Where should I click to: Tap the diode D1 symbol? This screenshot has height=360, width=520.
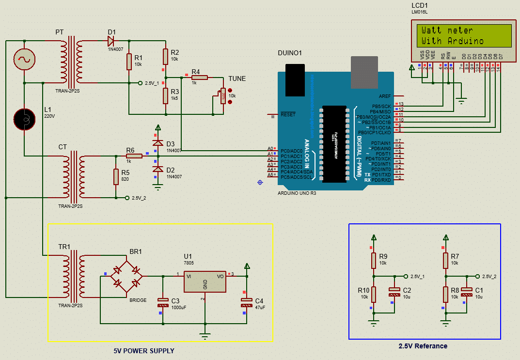[111, 42]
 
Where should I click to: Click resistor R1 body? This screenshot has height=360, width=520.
[129, 62]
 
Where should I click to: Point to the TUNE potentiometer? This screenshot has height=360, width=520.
[223, 95]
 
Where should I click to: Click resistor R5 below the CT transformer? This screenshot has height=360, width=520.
[116, 177]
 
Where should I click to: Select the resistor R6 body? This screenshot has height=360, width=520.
[134, 156]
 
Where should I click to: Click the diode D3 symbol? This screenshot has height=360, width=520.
[157, 143]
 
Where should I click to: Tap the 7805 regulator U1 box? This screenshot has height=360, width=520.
[205, 282]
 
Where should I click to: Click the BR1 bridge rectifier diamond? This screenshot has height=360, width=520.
[126, 276]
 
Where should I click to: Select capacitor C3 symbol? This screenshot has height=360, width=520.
[162, 303]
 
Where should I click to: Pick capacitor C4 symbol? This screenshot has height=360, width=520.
[247, 303]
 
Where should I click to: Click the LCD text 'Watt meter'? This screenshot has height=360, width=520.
[447, 31]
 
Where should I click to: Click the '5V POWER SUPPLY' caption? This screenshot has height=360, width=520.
[144, 351]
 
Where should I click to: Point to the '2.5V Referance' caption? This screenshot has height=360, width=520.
[423, 346]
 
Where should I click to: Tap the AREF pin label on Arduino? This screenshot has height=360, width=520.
[385, 96]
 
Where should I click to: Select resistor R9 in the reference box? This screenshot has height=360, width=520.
[373, 260]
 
